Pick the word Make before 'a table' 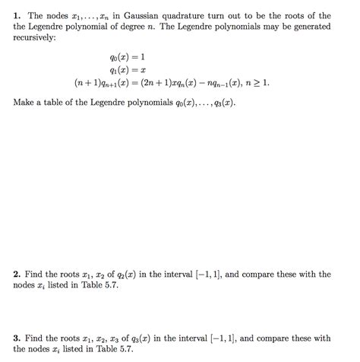[24, 100]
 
